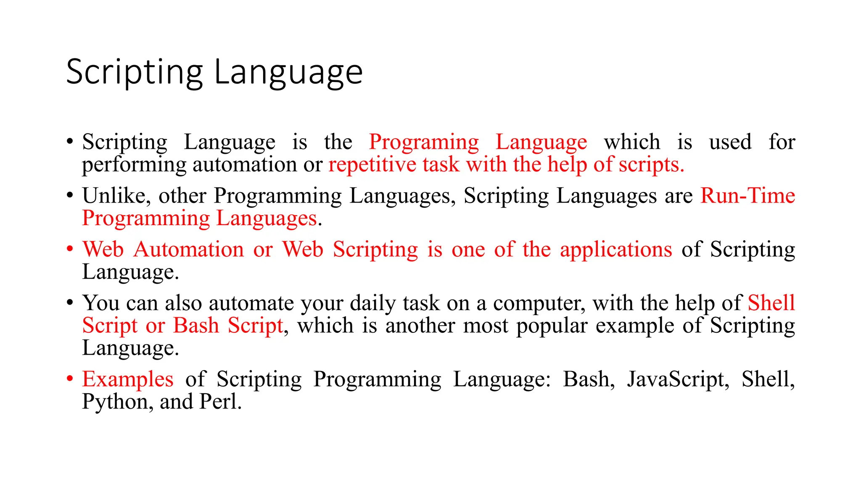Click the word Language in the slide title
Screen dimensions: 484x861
coord(288,73)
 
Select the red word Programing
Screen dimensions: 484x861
coord(424,142)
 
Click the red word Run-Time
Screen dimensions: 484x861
coord(747,196)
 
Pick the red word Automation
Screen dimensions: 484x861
coord(189,249)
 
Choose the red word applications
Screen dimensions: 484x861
coord(616,250)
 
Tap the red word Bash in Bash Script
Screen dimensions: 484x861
coord(196,326)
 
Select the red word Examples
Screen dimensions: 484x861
coord(127,379)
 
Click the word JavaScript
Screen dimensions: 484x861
coord(678,379)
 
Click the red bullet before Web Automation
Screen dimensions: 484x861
coord(70,249)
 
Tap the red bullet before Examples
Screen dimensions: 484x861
coord(70,379)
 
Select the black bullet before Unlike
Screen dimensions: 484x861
coord(70,195)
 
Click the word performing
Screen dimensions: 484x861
coord(134,165)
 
